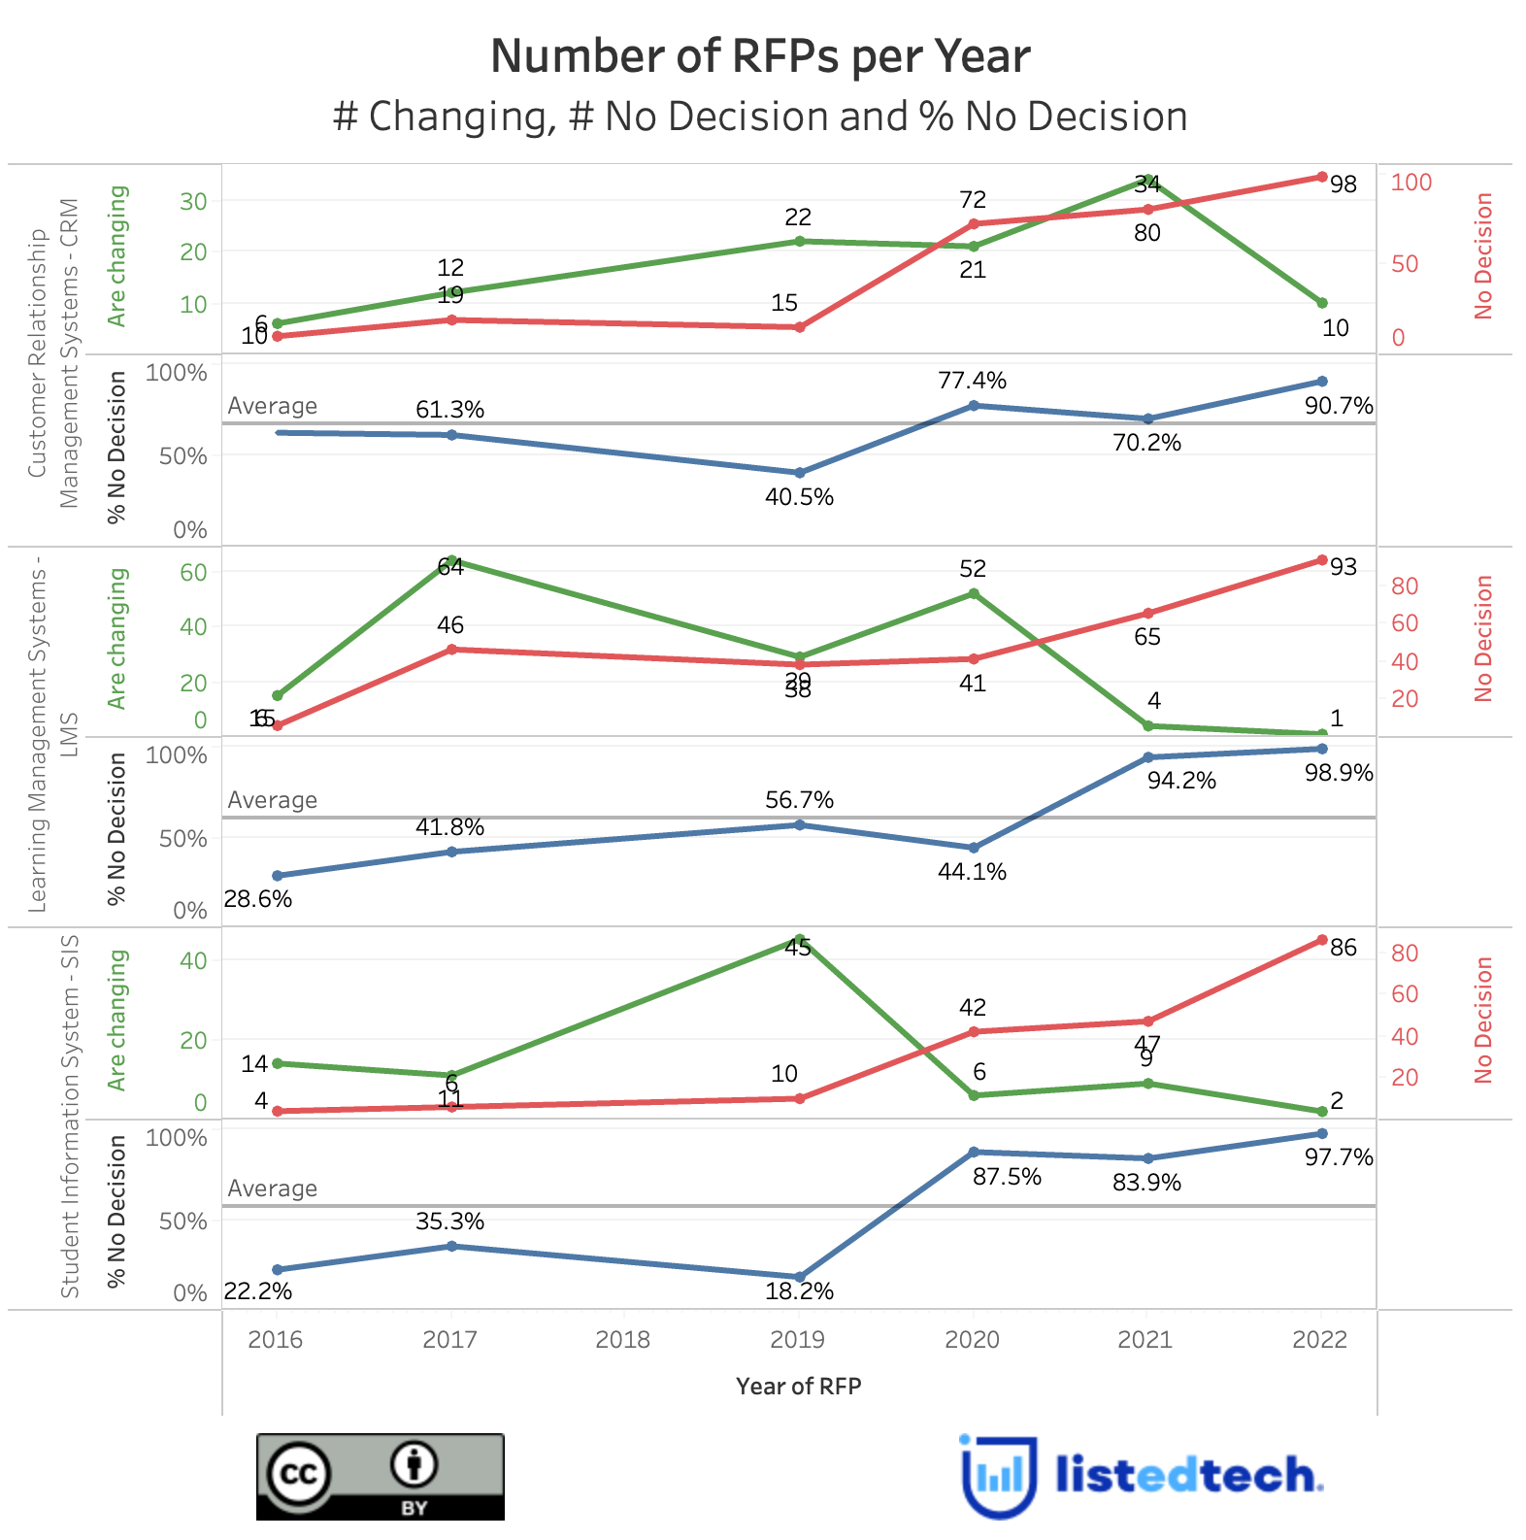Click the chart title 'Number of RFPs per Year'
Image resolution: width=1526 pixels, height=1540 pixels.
[760, 56]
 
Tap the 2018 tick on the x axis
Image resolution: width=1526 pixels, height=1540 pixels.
[623, 1340]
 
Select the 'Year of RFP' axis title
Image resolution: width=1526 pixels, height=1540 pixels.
[798, 1386]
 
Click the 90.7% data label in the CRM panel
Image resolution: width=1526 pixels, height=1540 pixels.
[1339, 406]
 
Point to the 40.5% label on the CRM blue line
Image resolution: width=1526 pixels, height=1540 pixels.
[799, 497]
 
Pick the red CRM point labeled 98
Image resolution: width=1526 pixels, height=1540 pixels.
[1322, 177]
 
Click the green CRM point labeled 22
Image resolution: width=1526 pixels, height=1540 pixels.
[799, 241]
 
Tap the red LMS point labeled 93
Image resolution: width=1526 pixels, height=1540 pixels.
[1322, 560]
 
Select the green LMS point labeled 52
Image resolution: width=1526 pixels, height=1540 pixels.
[974, 593]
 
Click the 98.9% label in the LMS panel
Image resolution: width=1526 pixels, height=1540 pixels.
[1339, 773]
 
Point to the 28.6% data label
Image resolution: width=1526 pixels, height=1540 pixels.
[257, 899]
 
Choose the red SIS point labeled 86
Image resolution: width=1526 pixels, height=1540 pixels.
[1322, 940]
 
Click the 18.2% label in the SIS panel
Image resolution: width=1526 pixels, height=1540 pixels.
[799, 1291]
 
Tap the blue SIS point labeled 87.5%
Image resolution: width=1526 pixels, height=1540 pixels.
[974, 1153]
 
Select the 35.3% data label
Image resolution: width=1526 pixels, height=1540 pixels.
[449, 1222]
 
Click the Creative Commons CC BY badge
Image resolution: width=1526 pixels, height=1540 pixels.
[380, 1477]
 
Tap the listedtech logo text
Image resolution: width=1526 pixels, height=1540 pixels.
[1188, 1475]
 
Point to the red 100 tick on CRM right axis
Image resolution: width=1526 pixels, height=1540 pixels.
[1411, 183]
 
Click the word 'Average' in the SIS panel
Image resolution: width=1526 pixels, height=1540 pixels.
[272, 1188]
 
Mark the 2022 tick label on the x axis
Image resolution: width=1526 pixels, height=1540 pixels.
[1320, 1340]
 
